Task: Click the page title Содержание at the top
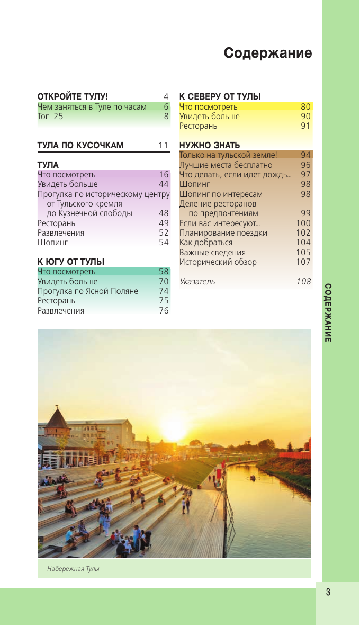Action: pos(267,53)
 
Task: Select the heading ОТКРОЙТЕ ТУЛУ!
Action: pos(73,96)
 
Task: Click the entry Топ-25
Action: pos(50,117)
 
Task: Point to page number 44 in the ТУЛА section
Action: pos(164,184)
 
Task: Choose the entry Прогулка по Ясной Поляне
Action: pos(88,291)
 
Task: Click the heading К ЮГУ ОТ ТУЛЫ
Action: pos(71,262)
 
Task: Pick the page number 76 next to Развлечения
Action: pos(164,311)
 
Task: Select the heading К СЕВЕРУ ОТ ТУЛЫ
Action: pos(220,96)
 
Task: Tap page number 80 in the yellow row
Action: pos(305,106)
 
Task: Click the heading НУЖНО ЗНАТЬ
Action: pos(210,145)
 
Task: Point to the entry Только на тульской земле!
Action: pos(228,155)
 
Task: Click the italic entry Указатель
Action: pos(197,282)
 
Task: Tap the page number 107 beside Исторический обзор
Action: pos(303,262)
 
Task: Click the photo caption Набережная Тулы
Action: pos(73,569)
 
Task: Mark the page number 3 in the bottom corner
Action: pos(328,592)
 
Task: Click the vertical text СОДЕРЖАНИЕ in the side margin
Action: pos(328,312)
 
